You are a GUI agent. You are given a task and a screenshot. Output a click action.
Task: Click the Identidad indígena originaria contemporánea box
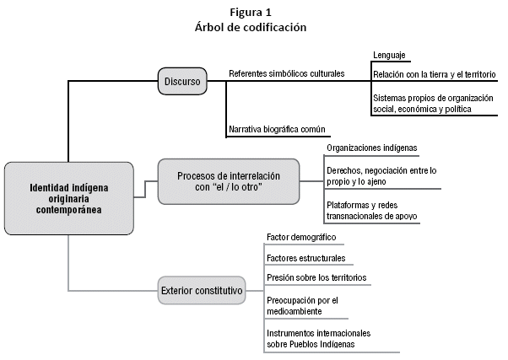pos(68,198)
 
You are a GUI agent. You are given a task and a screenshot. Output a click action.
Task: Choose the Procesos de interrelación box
pos(228,181)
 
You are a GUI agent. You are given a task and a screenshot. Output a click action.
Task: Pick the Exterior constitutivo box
pos(202,291)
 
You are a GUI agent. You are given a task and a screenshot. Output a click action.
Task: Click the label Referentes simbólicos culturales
pos(287,73)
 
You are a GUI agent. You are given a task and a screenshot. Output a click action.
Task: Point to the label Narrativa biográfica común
pos(278,130)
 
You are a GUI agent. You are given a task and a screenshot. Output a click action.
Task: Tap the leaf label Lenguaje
pos(390,56)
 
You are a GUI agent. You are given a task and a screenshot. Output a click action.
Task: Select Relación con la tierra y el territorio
pos(435,75)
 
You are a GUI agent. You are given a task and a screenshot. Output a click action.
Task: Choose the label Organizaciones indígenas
pos(372,148)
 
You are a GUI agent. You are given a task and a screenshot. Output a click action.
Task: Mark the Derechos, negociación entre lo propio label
pos(381,175)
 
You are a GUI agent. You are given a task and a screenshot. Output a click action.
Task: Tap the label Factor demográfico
pos(301,238)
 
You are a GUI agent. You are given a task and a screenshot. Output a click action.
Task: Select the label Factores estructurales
pos(305,258)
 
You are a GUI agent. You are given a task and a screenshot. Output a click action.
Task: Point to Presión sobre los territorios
pos(316,277)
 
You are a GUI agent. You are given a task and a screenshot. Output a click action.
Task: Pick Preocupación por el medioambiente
pos(302,305)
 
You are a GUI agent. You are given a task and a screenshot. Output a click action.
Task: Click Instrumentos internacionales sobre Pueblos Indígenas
pos(318,338)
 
